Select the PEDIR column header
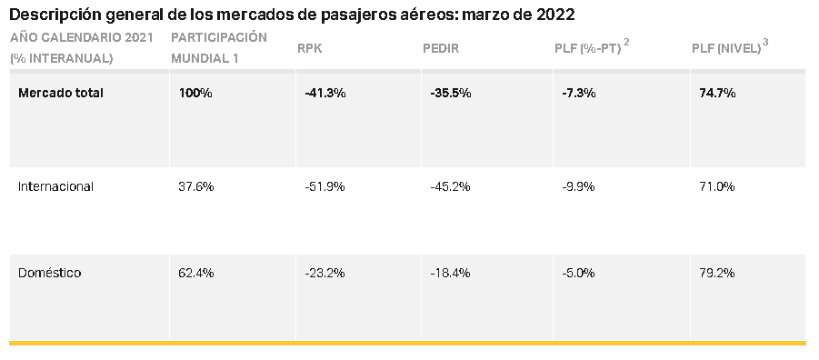pyautogui.click(x=441, y=48)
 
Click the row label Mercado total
pyautogui.click(x=61, y=93)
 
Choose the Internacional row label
pyautogui.click(x=55, y=186)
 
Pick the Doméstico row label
pyautogui.click(x=50, y=273)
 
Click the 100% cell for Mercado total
pyautogui.click(x=195, y=93)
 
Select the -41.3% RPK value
pyautogui.click(x=325, y=93)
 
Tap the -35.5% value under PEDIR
pyautogui.click(x=451, y=93)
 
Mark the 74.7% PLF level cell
pyautogui.click(x=717, y=93)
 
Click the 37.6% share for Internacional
pyautogui.click(x=195, y=186)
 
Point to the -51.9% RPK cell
pyautogui.click(x=325, y=186)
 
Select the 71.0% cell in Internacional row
pyautogui.click(x=716, y=186)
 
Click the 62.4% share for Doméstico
pyautogui.click(x=195, y=273)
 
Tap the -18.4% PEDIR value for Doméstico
pyautogui.click(x=450, y=273)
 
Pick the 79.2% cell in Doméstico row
pyautogui.click(x=716, y=273)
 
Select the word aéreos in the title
pyautogui.click(x=425, y=15)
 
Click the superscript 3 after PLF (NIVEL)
pyautogui.click(x=765, y=43)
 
